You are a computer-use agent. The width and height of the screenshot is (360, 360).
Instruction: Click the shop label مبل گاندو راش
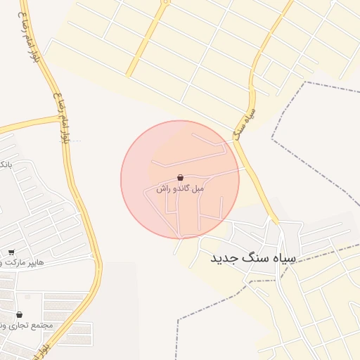pyautogui.click(x=180, y=189)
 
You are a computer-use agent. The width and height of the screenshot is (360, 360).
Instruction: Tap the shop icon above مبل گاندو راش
pyautogui.click(x=180, y=178)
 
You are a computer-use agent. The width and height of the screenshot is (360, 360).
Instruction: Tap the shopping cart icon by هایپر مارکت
pyautogui.click(x=11, y=252)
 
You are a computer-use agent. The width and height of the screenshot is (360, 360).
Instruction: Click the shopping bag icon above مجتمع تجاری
pyautogui.click(x=18, y=314)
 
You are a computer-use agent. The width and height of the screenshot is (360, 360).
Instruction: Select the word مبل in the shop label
pyautogui.click(x=198, y=189)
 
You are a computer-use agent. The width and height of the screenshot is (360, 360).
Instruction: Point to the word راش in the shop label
pyautogui.click(x=162, y=189)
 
